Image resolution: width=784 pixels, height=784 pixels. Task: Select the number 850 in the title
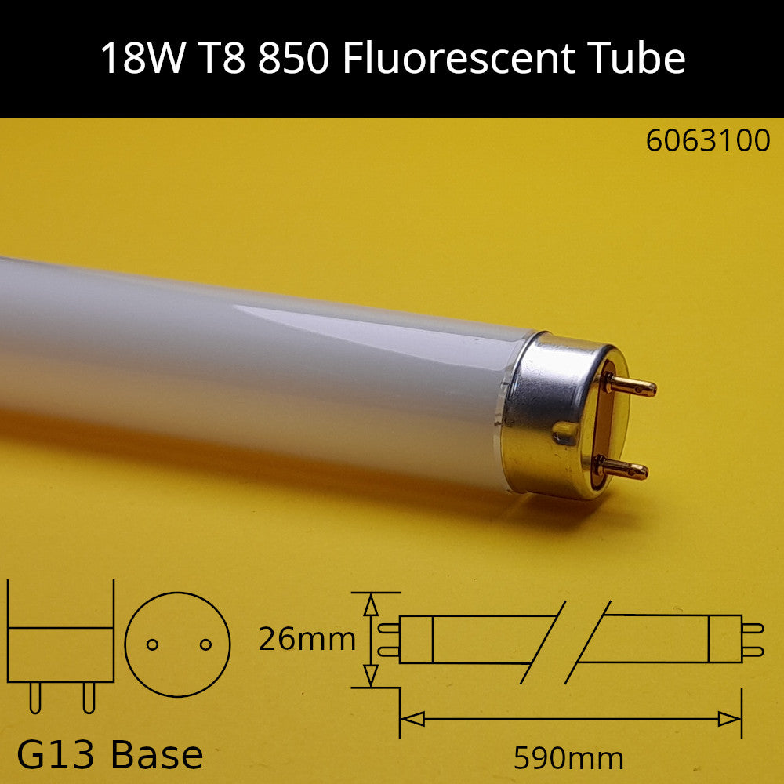[x=292, y=59]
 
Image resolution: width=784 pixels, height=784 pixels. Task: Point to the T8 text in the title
[x=219, y=59]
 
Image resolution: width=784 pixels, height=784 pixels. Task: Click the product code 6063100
[x=708, y=141]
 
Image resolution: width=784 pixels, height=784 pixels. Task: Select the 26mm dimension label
[x=307, y=640]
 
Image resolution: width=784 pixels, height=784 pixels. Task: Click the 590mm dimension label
[x=568, y=758]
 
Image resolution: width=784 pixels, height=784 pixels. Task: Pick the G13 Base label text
[x=110, y=755]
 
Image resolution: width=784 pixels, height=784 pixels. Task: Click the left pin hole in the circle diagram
[x=153, y=644]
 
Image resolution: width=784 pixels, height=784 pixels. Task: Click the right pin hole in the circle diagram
[x=206, y=644]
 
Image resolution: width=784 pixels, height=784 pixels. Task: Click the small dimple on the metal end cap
[x=563, y=433]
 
